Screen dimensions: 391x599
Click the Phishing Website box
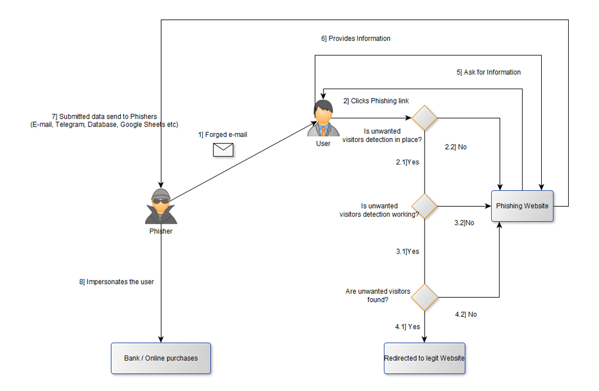(522, 206)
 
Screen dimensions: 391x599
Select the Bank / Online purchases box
(161, 359)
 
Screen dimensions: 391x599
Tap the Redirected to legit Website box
(424, 359)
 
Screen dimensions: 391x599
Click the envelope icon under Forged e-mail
(223, 150)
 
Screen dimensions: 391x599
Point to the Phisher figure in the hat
(161, 206)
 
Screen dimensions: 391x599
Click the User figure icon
(322, 119)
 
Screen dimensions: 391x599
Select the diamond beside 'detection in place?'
(425, 118)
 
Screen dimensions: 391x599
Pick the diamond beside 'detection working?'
(425, 206)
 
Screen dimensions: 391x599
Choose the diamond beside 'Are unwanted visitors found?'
(425, 297)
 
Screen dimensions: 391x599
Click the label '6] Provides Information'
(356, 39)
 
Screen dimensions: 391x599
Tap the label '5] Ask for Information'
(488, 73)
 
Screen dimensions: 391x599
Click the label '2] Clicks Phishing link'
(376, 101)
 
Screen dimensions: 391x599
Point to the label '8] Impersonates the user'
(117, 282)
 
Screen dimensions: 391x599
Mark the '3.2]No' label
(464, 223)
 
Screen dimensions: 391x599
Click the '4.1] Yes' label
(408, 327)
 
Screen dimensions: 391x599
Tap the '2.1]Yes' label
(408, 162)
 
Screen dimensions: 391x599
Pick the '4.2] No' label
(466, 315)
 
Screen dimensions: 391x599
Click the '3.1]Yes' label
(408, 252)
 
